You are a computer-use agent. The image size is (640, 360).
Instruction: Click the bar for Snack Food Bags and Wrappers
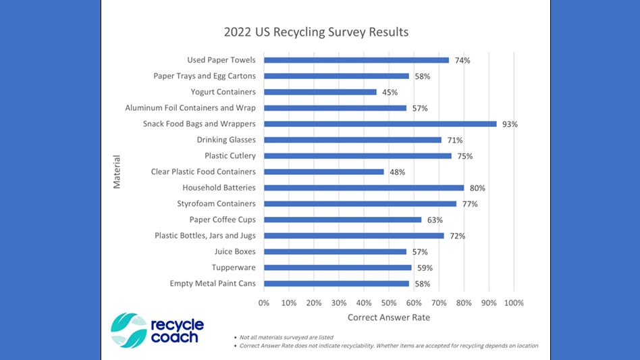point(380,124)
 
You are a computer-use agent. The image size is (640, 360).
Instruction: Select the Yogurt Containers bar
point(320,92)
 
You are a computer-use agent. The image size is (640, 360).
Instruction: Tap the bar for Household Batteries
point(364,188)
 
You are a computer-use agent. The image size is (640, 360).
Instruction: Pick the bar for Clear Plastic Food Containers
point(324,172)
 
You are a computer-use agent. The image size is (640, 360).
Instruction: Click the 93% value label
point(510,124)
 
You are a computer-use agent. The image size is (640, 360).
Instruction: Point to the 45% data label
point(390,93)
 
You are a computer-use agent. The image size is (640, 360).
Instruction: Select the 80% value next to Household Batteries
point(477,188)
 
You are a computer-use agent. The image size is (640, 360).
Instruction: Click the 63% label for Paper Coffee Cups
point(435,220)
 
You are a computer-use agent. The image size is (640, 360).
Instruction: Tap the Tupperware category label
point(234,267)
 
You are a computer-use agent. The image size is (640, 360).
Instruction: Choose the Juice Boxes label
point(235,251)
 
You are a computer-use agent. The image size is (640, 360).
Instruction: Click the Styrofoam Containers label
point(216,203)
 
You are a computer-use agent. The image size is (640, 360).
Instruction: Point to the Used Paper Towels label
point(221,60)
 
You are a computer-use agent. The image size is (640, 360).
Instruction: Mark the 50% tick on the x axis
point(389,303)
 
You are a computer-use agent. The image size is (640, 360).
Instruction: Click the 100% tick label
point(514,303)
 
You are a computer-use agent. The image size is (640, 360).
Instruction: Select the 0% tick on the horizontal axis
point(264,303)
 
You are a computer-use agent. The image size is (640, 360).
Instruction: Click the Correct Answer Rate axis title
point(388,317)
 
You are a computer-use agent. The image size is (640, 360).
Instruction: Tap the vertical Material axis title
point(117,172)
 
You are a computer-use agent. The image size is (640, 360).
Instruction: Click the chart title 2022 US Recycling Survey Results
point(316,32)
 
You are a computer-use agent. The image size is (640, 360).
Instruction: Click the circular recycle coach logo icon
point(128,330)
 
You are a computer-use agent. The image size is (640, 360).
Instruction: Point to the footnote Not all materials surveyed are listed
point(286,337)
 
